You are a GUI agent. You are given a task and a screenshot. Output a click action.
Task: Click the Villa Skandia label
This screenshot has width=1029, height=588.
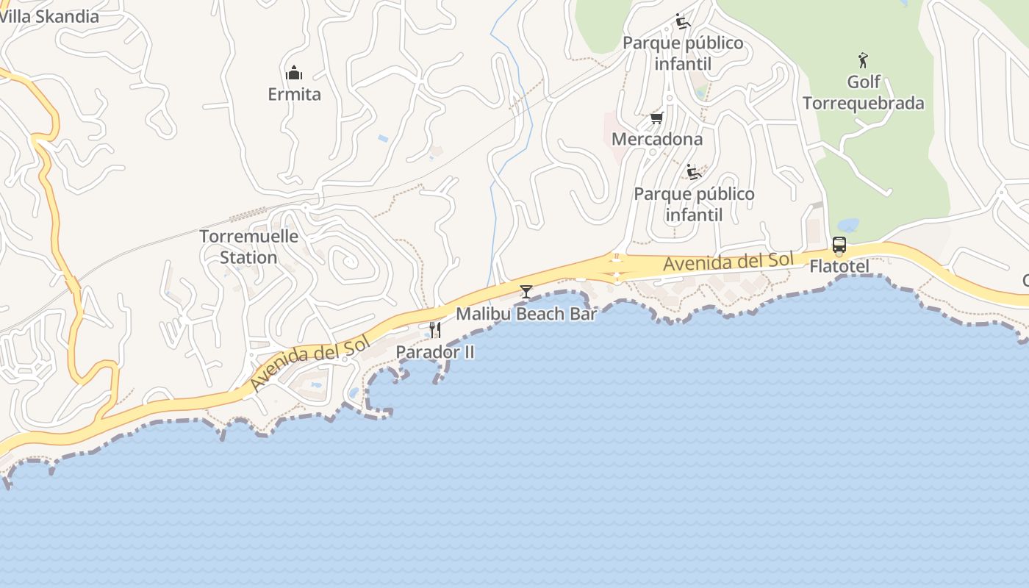click(x=49, y=16)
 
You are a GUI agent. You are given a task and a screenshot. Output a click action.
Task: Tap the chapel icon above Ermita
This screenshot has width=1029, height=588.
click(x=294, y=73)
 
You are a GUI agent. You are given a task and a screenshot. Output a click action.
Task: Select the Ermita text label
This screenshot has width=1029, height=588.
click(x=294, y=94)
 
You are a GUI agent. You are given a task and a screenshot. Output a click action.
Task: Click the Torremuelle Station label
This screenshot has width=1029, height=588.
click(x=249, y=247)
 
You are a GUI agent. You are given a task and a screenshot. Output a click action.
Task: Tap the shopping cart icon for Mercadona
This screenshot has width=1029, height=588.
click(x=657, y=118)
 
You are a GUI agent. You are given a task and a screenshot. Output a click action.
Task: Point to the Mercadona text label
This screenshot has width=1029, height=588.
click(x=657, y=139)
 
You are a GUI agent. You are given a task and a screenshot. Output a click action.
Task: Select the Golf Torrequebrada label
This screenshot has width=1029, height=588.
click(x=863, y=92)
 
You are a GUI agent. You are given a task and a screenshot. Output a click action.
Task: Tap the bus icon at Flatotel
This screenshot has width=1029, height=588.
click(x=839, y=245)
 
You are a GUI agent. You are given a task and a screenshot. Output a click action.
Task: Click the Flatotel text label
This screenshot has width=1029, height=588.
click(x=839, y=266)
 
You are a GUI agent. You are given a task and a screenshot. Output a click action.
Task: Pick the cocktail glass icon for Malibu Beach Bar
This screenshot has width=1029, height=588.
click(x=526, y=292)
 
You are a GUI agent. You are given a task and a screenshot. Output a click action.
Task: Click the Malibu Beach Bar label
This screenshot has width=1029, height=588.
click(x=526, y=314)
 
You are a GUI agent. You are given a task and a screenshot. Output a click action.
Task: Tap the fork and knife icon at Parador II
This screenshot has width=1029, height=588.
click(x=435, y=330)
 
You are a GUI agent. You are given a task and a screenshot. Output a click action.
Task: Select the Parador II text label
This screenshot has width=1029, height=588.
click(x=435, y=352)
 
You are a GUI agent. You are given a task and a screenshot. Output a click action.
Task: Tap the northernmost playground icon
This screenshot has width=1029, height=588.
click(x=683, y=21)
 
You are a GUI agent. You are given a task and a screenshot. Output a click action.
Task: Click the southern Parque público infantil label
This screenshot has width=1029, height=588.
click(x=694, y=204)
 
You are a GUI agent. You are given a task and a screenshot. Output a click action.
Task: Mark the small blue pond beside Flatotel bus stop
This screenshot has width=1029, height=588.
click(x=847, y=225)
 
